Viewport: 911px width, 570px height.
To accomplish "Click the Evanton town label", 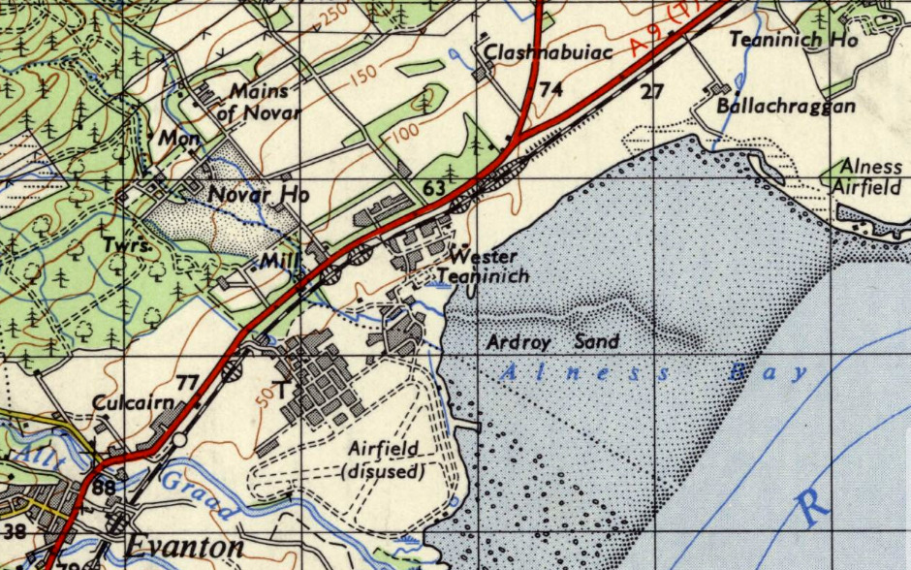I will (x=183, y=548).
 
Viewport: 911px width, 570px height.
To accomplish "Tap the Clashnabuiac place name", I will (x=549, y=51).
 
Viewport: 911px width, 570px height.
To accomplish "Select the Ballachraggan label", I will (x=786, y=106).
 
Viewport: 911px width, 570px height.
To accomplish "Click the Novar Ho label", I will (x=259, y=195).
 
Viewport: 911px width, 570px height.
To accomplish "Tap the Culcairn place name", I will (x=133, y=402).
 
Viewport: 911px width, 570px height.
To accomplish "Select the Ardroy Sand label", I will (x=551, y=342).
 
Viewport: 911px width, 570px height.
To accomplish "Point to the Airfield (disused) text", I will (x=385, y=459).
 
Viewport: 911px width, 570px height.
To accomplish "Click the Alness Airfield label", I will (x=872, y=176).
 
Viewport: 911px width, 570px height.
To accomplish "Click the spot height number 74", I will (x=551, y=90).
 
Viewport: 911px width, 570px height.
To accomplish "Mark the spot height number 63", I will (x=433, y=186).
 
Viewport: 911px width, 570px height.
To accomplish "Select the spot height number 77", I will (x=188, y=381).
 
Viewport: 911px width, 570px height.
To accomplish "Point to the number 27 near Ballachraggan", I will (x=651, y=92).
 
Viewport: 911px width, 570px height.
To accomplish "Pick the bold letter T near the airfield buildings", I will (x=281, y=391).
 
